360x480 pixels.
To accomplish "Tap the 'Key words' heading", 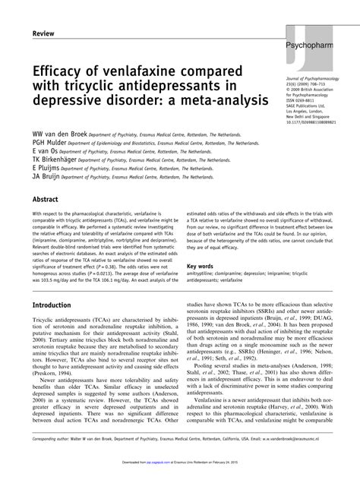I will pos(201,267).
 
